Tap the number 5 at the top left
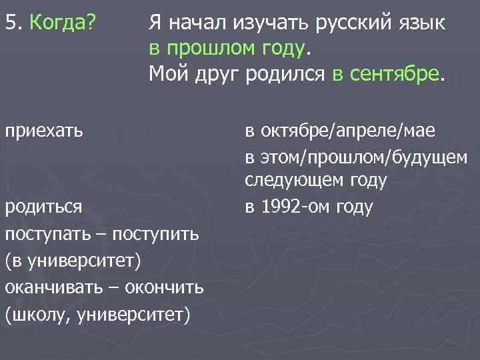[10, 25]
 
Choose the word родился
[286, 71]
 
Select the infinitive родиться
[43, 207]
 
